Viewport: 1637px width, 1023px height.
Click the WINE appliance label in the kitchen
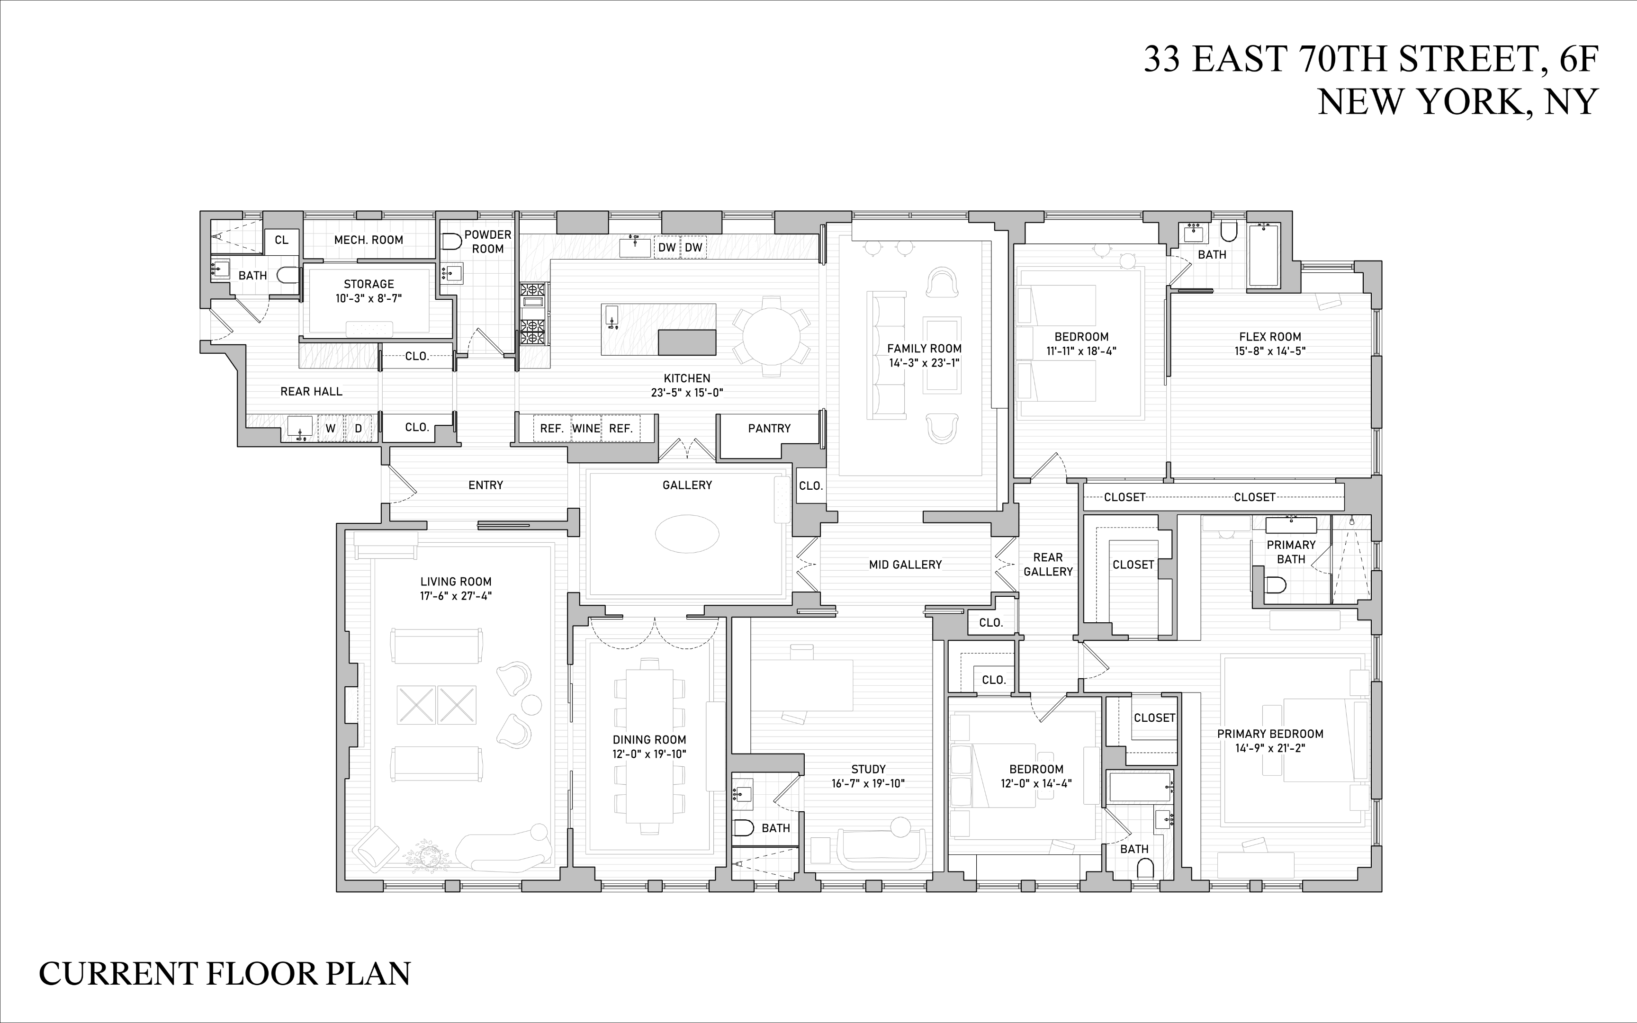point(586,428)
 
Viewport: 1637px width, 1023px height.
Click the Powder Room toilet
point(450,242)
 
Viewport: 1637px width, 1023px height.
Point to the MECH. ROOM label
point(368,240)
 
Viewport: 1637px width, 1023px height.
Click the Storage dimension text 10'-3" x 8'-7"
point(369,298)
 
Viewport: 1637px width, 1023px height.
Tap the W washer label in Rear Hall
point(331,428)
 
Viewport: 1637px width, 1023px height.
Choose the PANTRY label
point(769,428)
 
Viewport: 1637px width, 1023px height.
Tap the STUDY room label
point(868,769)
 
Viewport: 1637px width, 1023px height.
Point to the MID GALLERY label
point(905,564)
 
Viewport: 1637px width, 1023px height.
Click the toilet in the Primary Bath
point(1275,584)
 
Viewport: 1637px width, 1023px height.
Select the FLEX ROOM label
point(1270,337)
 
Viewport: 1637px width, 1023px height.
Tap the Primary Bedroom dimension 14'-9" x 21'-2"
point(1270,748)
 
